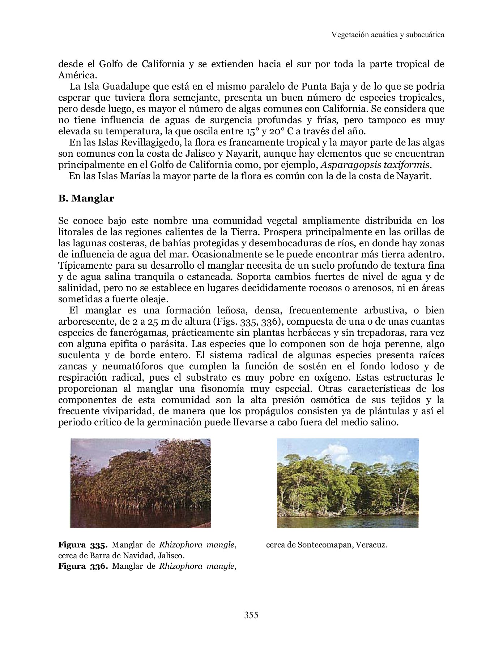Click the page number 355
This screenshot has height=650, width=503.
tap(251, 615)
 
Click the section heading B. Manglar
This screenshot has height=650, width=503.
tap(86, 198)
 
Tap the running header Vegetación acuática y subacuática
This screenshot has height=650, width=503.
tap(388, 35)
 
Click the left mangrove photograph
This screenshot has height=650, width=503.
tap(140, 483)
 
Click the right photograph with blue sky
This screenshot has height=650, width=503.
tap(348, 483)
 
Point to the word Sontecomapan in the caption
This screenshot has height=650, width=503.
tap(325, 545)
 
